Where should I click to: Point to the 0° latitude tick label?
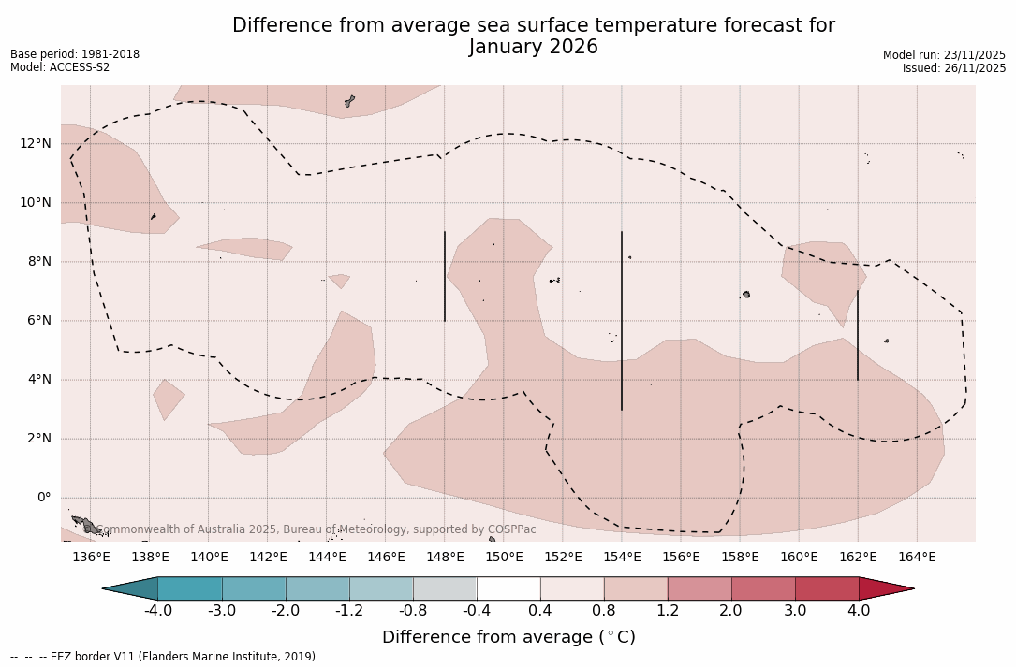[43, 498]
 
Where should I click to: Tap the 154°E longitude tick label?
[622, 558]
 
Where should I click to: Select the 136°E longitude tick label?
[91, 558]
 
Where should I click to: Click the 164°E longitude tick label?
[917, 558]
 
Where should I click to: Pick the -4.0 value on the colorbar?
[158, 611]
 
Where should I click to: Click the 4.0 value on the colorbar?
[859, 611]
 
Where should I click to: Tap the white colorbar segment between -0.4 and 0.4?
[508, 588]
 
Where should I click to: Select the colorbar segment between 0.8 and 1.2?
[636, 588]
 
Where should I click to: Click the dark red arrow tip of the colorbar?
[885, 588]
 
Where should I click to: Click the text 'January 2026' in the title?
[533, 47]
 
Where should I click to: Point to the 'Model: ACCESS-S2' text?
[60, 67]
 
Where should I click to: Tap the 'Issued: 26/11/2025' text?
[953, 68]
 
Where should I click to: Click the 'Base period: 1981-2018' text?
[75, 54]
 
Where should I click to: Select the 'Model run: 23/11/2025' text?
[944, 55]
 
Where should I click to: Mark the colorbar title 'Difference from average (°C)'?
[508, 637]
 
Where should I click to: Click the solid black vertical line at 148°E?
[445, 276]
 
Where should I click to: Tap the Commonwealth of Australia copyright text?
[317, 529]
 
